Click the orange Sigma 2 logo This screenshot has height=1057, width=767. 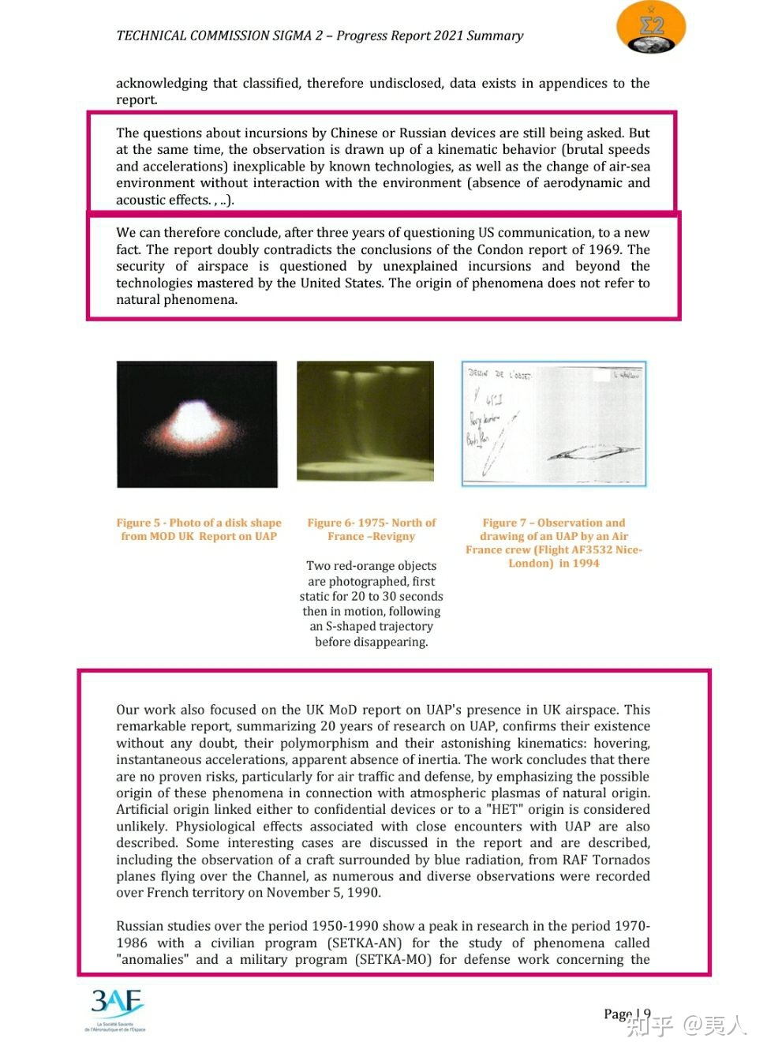point(650,28)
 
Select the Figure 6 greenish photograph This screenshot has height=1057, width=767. point(365,421)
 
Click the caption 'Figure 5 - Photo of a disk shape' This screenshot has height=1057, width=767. point(199,523)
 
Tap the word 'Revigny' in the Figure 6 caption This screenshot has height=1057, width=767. point(392,536)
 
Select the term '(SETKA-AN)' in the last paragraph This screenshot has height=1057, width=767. point(365,943)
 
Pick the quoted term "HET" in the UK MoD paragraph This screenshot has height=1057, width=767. point(503,809)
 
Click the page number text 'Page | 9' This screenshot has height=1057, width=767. point(627,1014)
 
